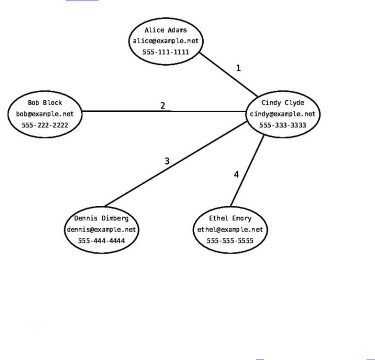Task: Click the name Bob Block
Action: tap(45, 103)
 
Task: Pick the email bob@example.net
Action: tap(45, 114)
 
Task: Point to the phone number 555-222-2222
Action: tap(45, 125)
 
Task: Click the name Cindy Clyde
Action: tap(283, 103)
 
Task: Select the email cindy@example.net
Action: tap(283, 114)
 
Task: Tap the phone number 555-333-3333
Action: tap(283, 125)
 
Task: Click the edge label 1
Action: tap(238, 68)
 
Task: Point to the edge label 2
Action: tap(163, 106)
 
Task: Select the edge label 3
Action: tap(167, 161)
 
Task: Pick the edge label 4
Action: tap(237, 174)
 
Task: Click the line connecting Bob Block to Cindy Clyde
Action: tap(123, 111)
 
